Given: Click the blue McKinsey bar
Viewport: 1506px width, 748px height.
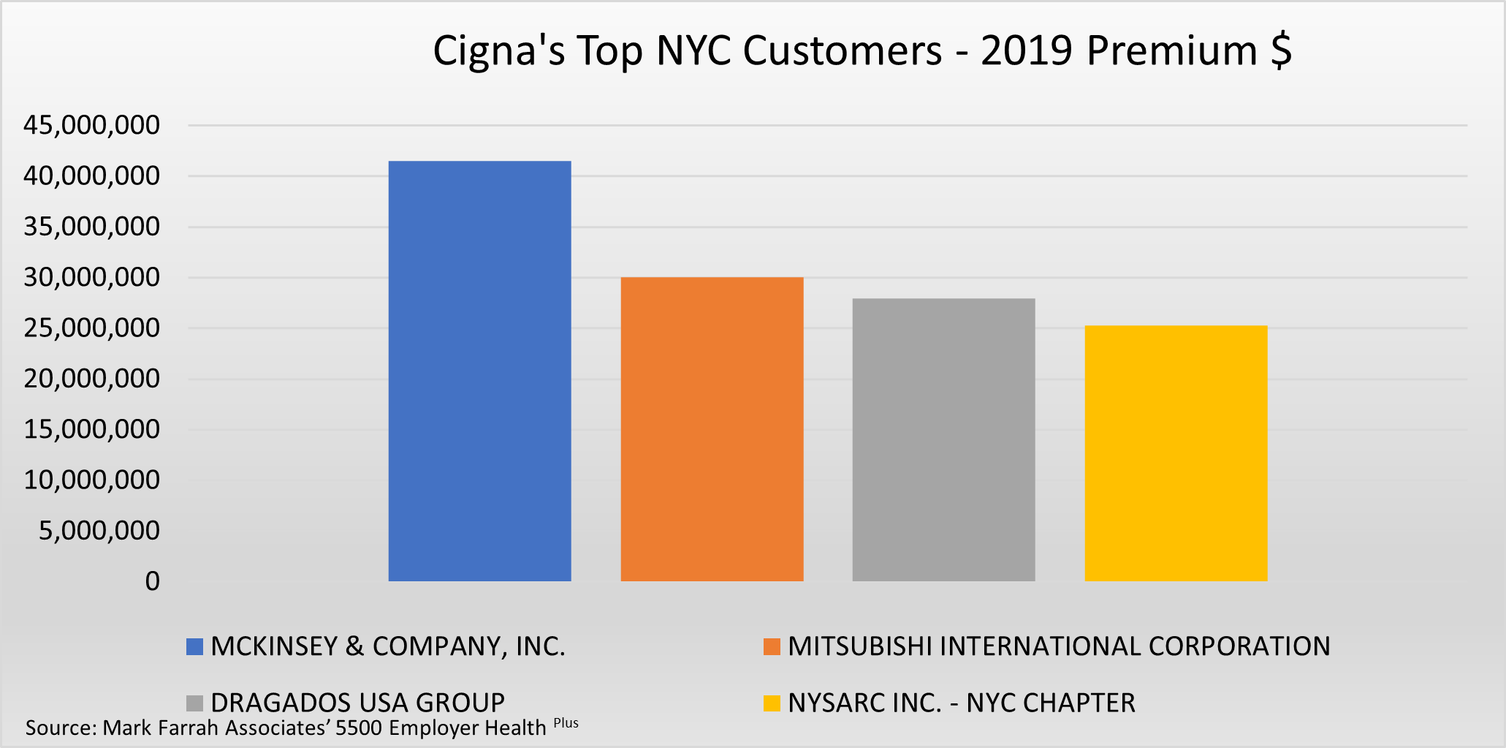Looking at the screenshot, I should [x=479, y=371].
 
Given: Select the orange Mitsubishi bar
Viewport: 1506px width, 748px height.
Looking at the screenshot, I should [x=712, y=429].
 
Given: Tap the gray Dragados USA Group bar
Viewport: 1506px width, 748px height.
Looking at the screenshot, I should [x=943, y=439].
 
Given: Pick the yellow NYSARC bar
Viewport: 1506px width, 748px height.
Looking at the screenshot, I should [x=1176, y=453].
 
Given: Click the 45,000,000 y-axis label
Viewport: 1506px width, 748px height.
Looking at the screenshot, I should [x=91, y=125].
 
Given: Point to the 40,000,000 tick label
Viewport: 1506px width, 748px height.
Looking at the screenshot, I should [x=91, y=176].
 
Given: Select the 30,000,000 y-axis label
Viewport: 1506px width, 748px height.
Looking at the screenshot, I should [x=91, y=277].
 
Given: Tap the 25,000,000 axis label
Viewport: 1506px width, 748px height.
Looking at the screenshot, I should [x=91, y=328].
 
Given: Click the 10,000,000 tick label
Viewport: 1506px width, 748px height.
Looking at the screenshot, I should [x=91, y=480].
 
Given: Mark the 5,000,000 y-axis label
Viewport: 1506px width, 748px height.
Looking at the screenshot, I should [x=99, y=530].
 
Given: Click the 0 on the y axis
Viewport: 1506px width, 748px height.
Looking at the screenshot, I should [x=152, y=581].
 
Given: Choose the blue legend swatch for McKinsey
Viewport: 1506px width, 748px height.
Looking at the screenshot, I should [x=194, y=647].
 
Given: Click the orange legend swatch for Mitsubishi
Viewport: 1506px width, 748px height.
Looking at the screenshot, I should [x=772, y=647].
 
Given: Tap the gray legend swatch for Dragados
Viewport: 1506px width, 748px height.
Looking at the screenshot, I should [x=194, y=703].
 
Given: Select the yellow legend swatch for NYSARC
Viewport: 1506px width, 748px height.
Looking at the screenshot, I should [x=772, y=703].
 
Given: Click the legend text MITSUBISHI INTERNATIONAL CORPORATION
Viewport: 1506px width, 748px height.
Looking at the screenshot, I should [x=1059, y=646].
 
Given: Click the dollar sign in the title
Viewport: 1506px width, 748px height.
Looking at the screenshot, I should [x=1281, y=51].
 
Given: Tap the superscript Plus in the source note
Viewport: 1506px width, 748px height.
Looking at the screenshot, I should [x=566, y=723].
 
